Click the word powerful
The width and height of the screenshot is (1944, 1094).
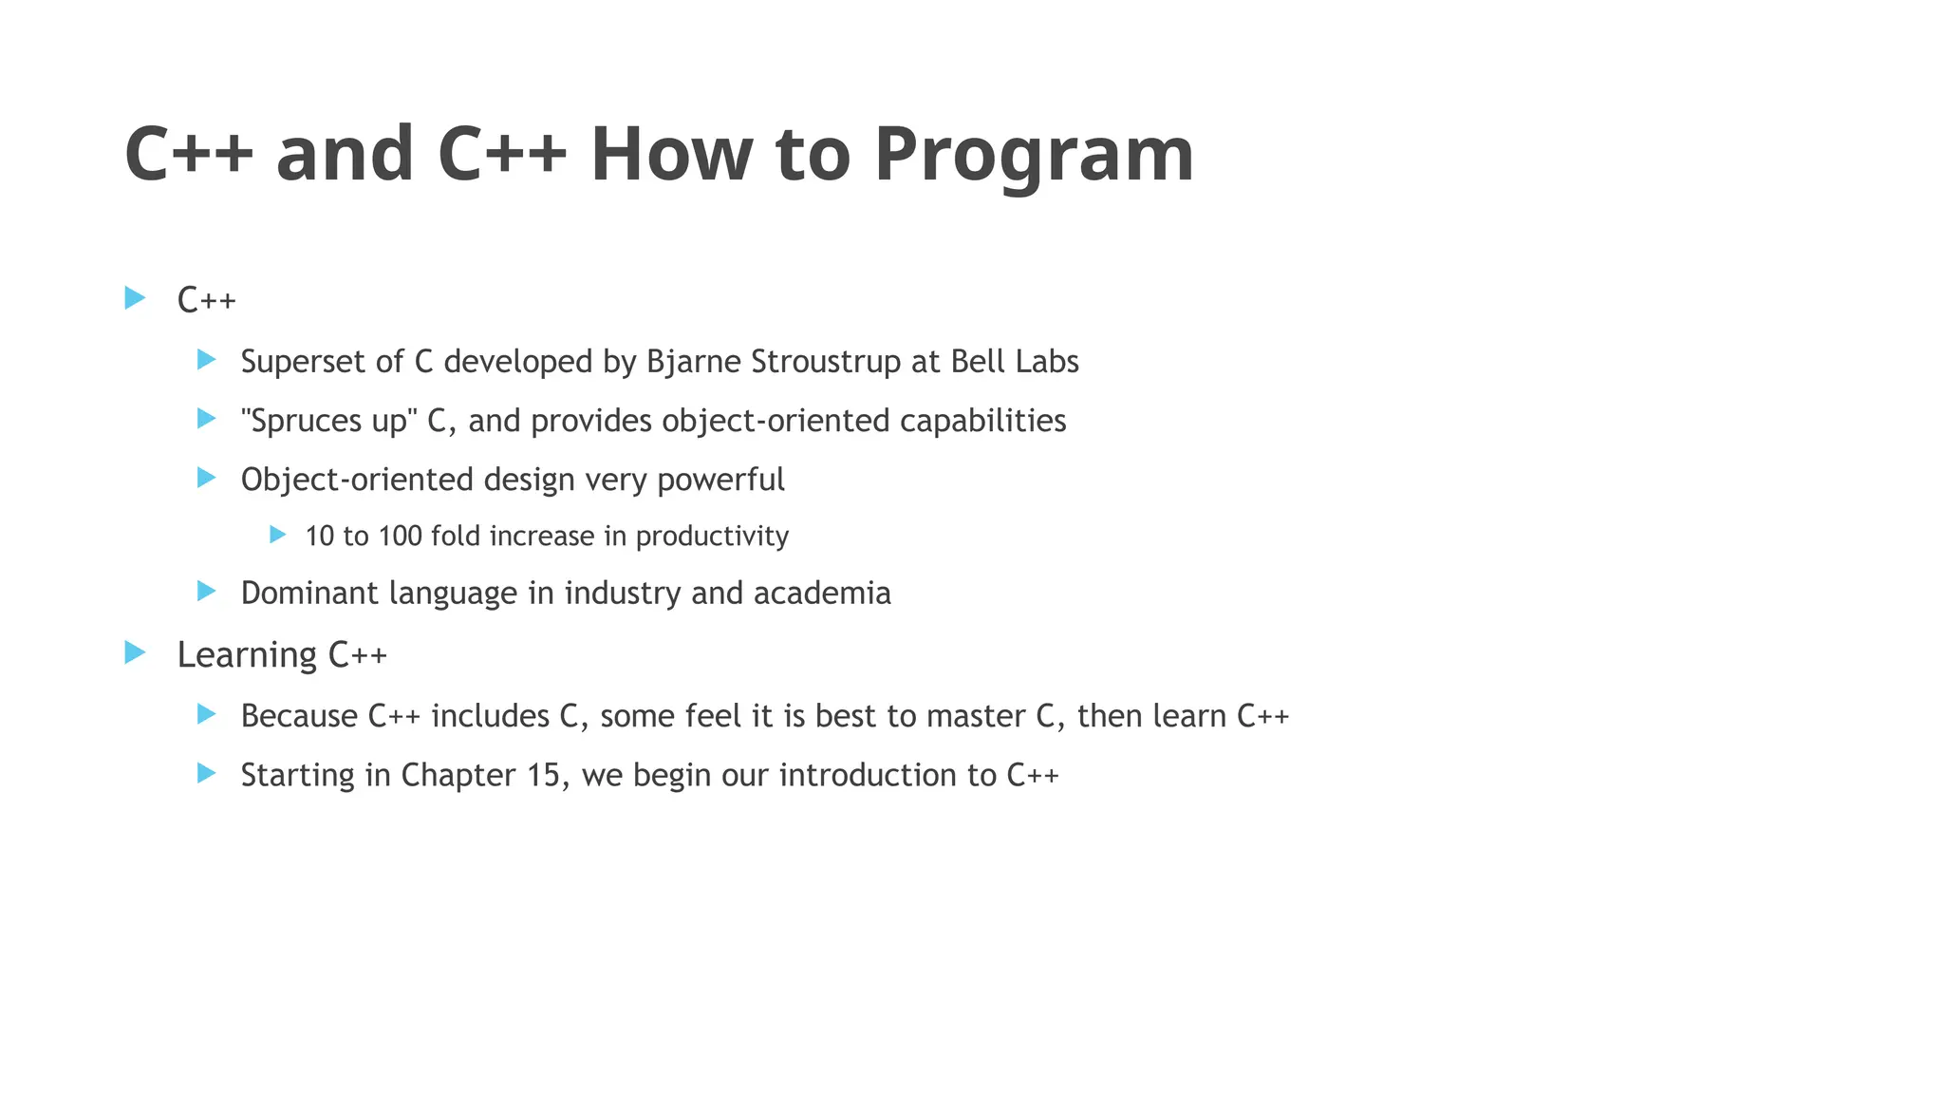pos(720,480)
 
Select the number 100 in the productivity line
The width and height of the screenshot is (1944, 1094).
pos(400,537)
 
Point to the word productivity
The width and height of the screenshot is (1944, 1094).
pos(712,537)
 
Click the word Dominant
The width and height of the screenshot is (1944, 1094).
pos(308,594)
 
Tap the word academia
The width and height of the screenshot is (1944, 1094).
pos(822,594)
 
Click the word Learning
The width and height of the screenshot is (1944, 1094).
pos(247,655)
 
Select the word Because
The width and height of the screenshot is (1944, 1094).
pos(299,716)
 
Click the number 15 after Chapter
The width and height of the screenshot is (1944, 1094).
pos(545,775)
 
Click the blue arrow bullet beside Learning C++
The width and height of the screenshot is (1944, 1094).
pos(135,652)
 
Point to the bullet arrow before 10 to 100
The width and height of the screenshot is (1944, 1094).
pos(278,535)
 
